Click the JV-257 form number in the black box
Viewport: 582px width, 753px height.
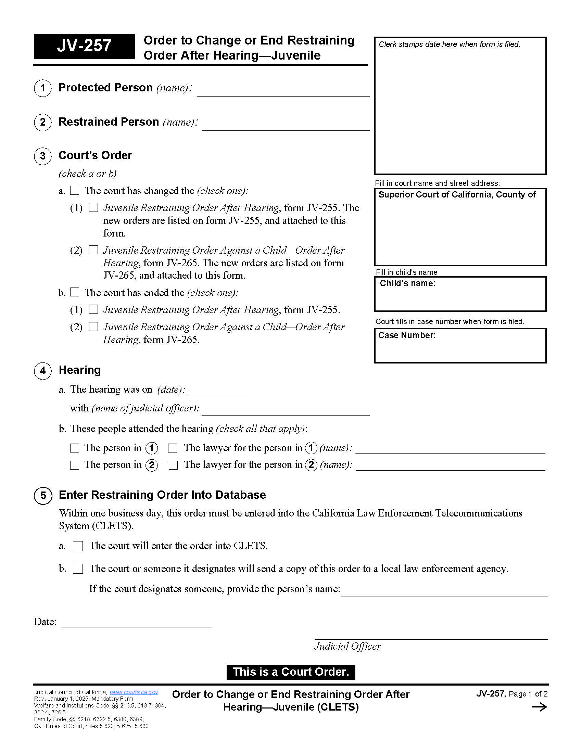pos(84,46)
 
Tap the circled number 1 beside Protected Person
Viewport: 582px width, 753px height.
pos(43,88)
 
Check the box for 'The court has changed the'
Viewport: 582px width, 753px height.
pos(75,190)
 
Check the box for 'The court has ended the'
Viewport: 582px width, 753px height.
pos(75,292)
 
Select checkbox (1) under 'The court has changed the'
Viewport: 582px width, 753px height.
pos(93,207)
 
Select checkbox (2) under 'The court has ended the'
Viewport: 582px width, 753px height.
pos(93,326)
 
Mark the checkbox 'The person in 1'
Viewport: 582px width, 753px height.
pos(75,448)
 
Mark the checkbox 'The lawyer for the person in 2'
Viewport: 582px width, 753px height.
pos(173,465)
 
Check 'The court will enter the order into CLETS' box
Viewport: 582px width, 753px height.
pos(78,546)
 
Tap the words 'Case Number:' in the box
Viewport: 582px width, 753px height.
pos(406,335)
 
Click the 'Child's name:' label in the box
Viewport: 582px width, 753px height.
pos(407,283)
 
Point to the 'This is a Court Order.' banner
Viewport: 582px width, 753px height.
pos(291,672)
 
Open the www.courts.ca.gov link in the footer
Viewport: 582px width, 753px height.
pos(134,692)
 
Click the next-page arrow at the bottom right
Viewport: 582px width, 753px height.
pos(539,707)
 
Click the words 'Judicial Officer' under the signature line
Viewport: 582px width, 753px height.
pos(347,646)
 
